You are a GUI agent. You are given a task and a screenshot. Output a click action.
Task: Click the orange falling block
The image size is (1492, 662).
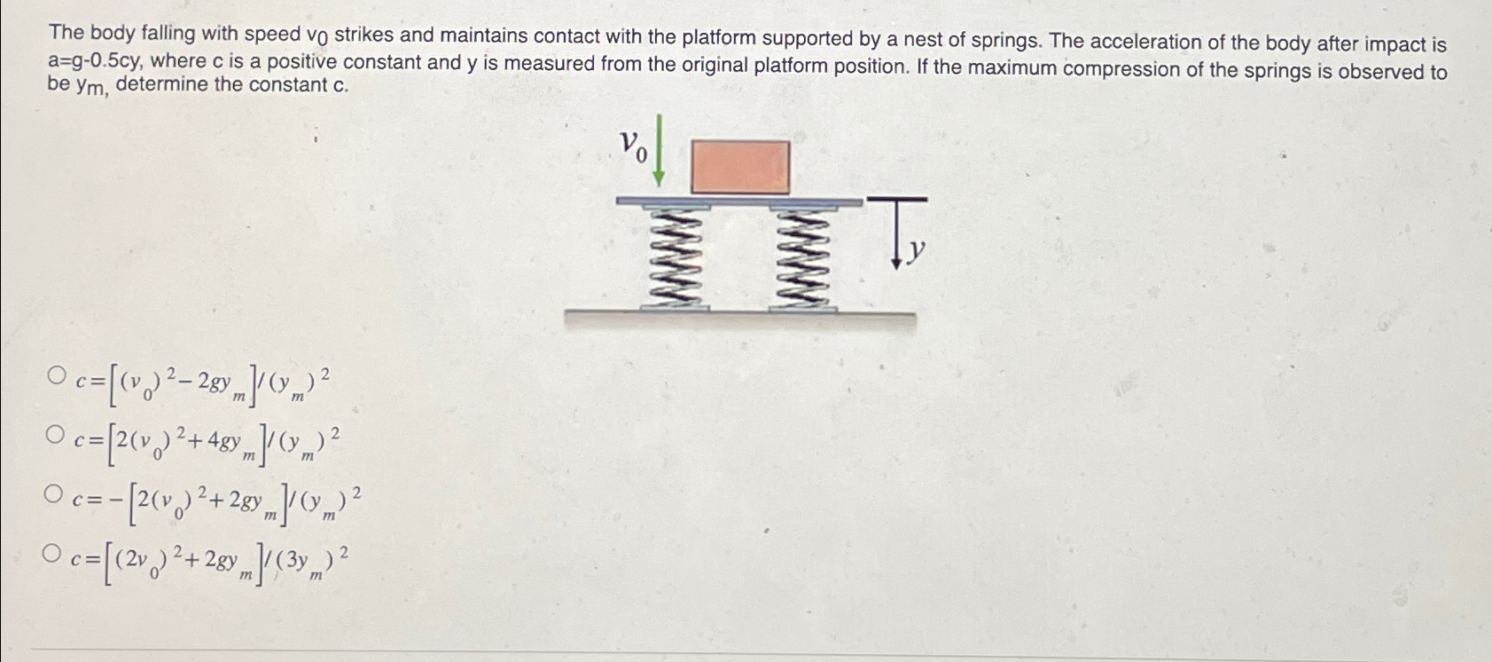click(739, 166)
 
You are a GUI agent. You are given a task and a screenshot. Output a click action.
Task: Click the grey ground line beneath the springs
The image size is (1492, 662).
click(740, 315)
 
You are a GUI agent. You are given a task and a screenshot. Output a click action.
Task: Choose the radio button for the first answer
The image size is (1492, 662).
click(59, 376)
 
